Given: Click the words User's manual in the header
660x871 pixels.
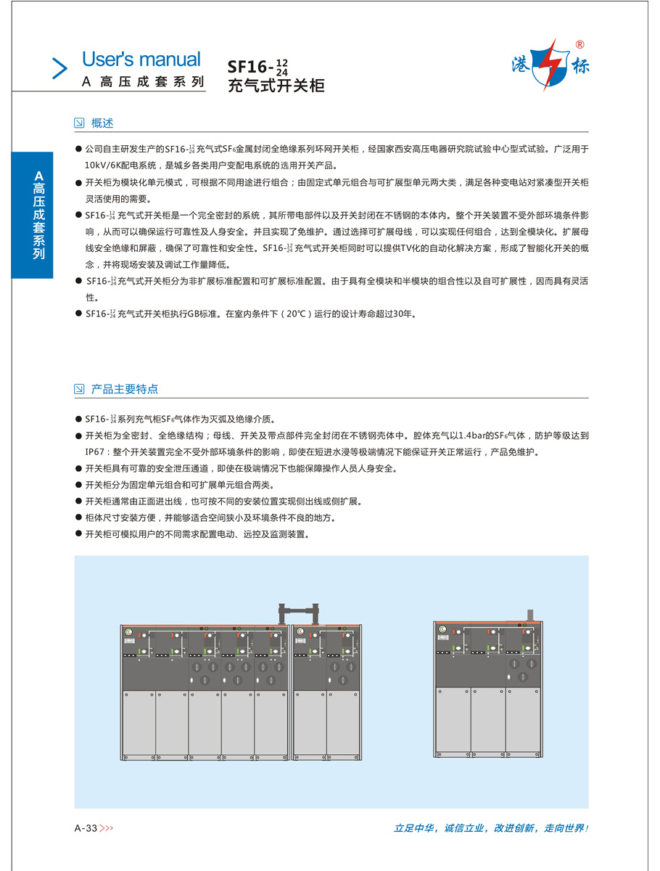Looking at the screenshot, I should point(141,60).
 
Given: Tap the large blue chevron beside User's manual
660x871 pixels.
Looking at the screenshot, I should point(59,68).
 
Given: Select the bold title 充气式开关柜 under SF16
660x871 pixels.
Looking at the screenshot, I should point(276,86).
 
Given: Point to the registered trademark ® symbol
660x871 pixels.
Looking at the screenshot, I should point(579,44).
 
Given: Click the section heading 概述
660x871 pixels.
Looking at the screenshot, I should point(102,123).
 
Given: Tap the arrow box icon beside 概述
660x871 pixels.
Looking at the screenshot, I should point(80,123).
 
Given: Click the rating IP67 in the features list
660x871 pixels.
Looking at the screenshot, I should point(96,451).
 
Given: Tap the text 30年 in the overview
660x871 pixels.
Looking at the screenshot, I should point(405,314).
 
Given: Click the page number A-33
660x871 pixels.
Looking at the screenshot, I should point(86,827).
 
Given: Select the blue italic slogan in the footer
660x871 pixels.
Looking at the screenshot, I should point(490,827).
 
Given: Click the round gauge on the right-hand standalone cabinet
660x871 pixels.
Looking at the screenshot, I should point(442,638).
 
